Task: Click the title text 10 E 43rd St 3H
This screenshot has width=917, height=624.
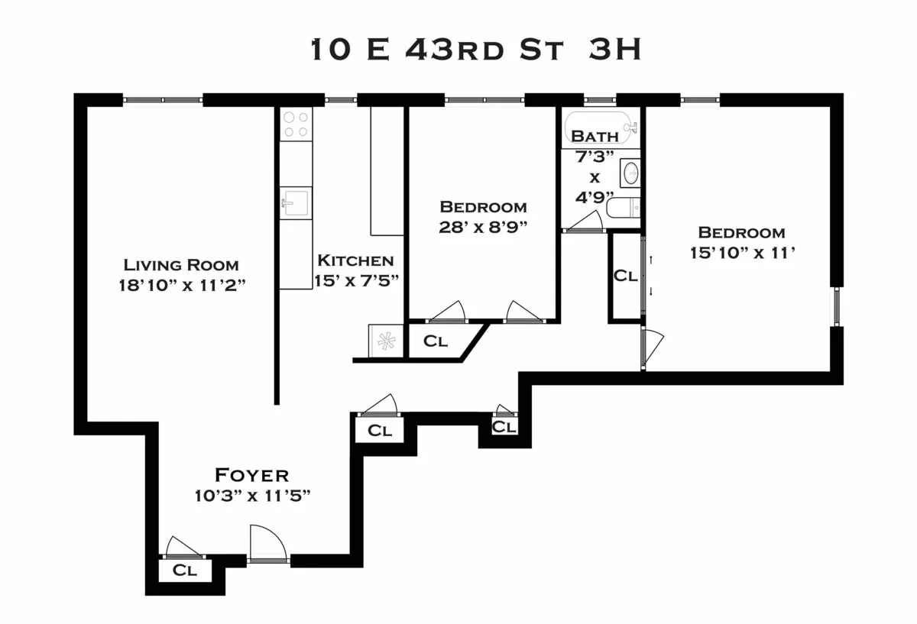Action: pos(475,50)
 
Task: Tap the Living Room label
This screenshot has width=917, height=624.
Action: pos(181,265)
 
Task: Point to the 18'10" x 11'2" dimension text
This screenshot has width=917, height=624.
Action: pos(181,285)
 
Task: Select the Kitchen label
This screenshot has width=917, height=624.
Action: pos(355,260)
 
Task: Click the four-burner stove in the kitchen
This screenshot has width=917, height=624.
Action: pos(296,124)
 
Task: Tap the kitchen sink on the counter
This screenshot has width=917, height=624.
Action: pos(295,203)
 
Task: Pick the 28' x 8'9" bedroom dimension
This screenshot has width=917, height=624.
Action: pos(483,227)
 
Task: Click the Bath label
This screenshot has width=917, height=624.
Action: pos(595,137)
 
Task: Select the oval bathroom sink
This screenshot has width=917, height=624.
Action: pos(631,173)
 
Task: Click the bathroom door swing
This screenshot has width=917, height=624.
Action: pos(585,222)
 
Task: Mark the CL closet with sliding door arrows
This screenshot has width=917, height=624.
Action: pos(626,276)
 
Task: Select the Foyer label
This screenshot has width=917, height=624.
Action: pos(251,475)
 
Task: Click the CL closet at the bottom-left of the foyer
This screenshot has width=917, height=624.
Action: pos(185,570)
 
